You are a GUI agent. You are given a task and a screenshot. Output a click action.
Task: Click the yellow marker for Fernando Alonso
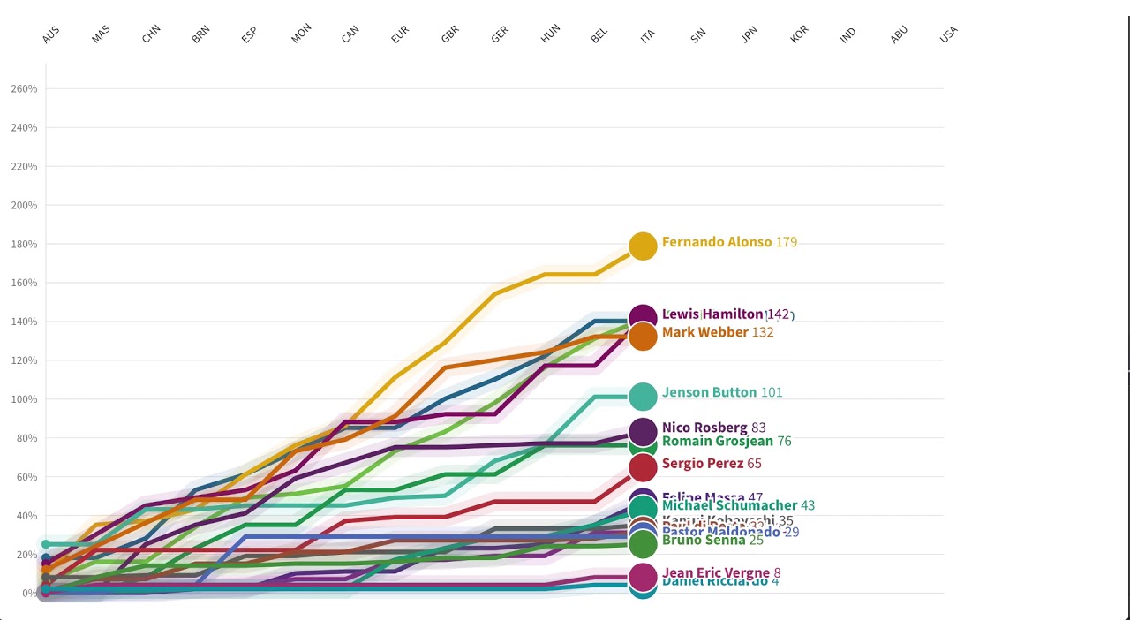point(643,246)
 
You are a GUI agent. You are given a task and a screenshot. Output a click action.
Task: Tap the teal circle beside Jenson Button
point(643,397)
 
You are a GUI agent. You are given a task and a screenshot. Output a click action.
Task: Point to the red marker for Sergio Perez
point(643,466)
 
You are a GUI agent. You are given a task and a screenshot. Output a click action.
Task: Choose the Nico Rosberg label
point(704,428)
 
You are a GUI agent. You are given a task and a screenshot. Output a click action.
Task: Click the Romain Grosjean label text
point(717,441)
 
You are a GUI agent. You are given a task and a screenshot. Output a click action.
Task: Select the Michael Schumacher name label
point(729,505)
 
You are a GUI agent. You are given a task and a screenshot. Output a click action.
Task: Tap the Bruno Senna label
point(703,540)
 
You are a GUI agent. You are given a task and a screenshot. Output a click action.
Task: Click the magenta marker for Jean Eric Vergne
point(643,576)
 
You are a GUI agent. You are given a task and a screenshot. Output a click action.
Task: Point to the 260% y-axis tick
point(24,89)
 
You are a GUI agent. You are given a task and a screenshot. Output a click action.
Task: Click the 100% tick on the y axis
point(24,399)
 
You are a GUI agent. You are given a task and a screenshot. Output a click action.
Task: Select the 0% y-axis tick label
point(29,593)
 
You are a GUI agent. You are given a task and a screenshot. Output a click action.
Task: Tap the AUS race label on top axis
point(51,34)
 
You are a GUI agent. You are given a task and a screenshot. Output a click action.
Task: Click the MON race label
point(301,34)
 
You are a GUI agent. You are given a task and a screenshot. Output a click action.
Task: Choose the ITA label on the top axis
point(648,35)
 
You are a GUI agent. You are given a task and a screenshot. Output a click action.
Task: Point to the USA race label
point(948,34)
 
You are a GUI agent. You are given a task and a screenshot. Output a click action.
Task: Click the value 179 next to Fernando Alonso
point(786,242)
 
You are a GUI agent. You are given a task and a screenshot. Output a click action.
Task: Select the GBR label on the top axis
point(450,34)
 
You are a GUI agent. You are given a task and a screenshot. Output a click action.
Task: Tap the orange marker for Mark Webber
point(643,336)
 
